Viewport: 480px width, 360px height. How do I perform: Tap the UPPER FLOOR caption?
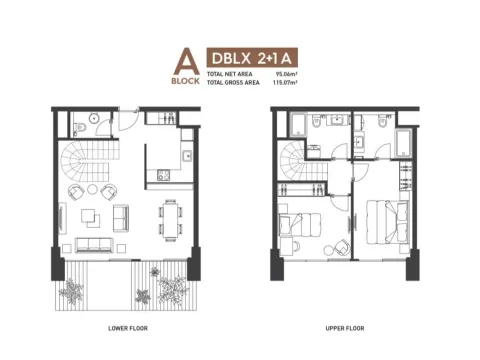pos(343,327)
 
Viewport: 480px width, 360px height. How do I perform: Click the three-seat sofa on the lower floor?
pos(96,244)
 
